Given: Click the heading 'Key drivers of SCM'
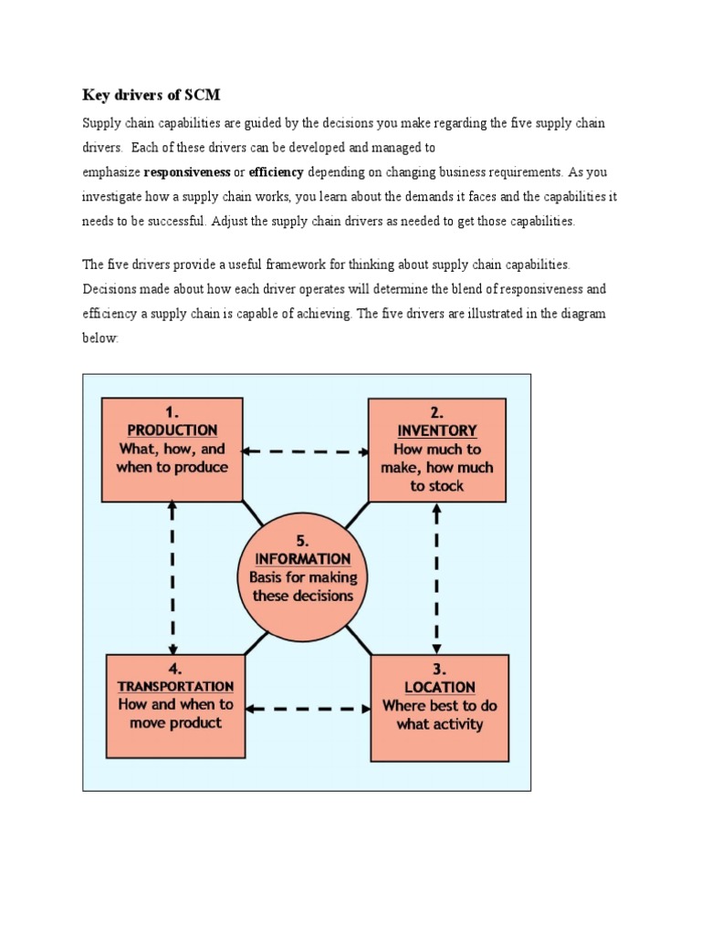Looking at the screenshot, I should (152, 94).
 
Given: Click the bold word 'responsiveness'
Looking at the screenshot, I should (187, 171).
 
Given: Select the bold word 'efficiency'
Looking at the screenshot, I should (276, 171).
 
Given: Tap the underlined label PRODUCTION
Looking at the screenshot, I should (172, 430).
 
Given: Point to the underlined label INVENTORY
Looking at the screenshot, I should (437, 430).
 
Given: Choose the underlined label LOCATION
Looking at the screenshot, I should (440, 687).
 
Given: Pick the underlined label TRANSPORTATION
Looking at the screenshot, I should (175, 686).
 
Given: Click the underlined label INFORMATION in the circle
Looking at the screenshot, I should (303, 558).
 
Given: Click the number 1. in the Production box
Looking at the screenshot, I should (172, 410).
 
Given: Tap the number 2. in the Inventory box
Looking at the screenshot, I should (437, 410).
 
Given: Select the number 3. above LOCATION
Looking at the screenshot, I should (440, 668).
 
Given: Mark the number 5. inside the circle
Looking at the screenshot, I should (303, 539).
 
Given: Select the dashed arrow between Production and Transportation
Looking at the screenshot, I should (173, 576).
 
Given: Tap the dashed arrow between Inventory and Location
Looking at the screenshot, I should (437, 576).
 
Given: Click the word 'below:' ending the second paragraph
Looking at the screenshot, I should (100, 337).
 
